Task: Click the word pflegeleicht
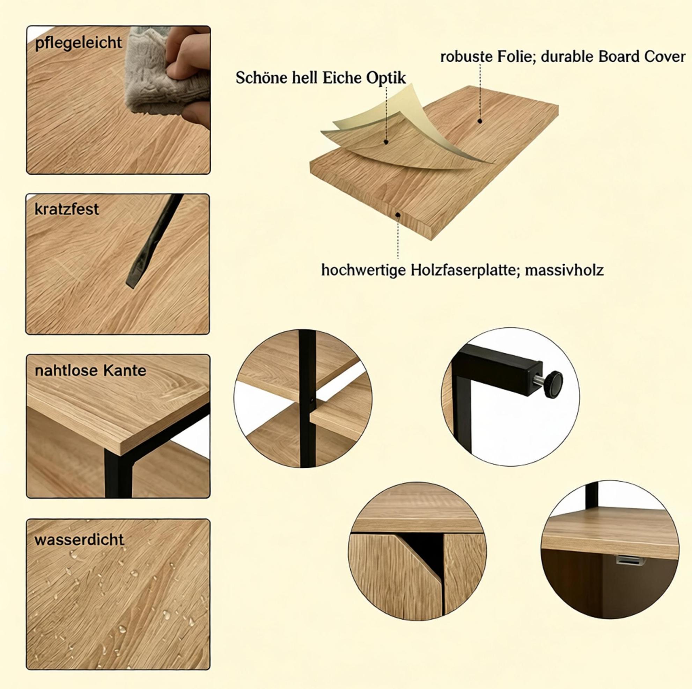tap(79, 43)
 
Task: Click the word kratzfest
tap(67, 209)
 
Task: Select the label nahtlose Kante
tap(90, 371)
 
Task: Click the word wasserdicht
tap(79, 540)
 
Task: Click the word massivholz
tap(564, 270)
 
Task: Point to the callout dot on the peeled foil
tap(386, 142)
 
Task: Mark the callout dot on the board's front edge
tap(398, 215)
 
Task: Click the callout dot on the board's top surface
tap(480, 121)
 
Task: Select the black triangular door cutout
tap(425, 552)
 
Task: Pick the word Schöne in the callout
tap(260, 78)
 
